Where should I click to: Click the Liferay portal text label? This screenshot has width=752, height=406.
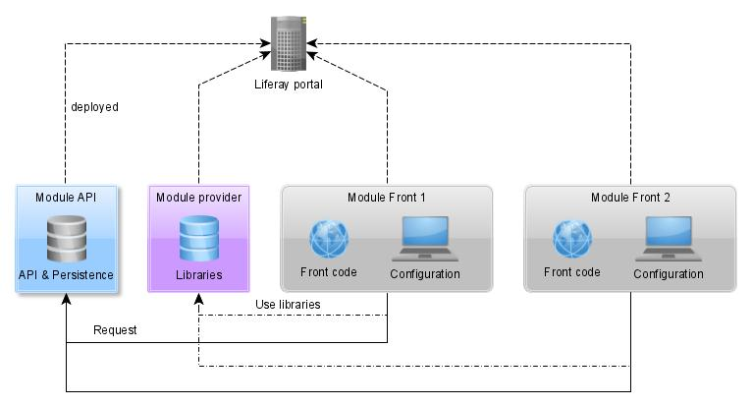[x=289, y=85]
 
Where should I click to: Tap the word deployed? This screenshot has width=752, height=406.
[x=95, y=107]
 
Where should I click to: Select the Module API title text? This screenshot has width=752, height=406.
[x=66, y=197]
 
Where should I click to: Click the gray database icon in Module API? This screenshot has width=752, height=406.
[x=66, y=238]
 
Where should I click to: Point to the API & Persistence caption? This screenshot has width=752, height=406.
[x=66, y=274]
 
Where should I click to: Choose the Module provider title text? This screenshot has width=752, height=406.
[x=198, y=197]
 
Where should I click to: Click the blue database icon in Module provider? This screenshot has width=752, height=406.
[x=198, y=238]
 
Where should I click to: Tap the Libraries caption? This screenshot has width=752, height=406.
[x=198, y=274]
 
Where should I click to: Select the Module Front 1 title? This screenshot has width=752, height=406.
[x=387, y=197]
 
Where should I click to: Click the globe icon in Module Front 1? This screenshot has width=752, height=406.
[x=328, y=239]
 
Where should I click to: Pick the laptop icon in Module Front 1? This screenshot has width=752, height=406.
[x=424, y=239]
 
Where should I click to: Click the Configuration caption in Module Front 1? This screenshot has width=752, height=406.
[x=424, y=274]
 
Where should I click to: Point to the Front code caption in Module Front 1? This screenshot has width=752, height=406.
[x=328, y=272]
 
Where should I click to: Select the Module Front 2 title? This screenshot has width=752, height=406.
[x=630, y=197]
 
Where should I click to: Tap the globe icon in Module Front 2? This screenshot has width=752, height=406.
[x=571, y=239]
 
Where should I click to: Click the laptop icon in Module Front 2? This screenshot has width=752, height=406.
[x=668, y=239]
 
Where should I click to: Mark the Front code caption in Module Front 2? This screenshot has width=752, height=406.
[x=571, y=272]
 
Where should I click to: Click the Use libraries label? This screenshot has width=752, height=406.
[x=288, y=305]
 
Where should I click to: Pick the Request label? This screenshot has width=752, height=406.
[x=115, y=330]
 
